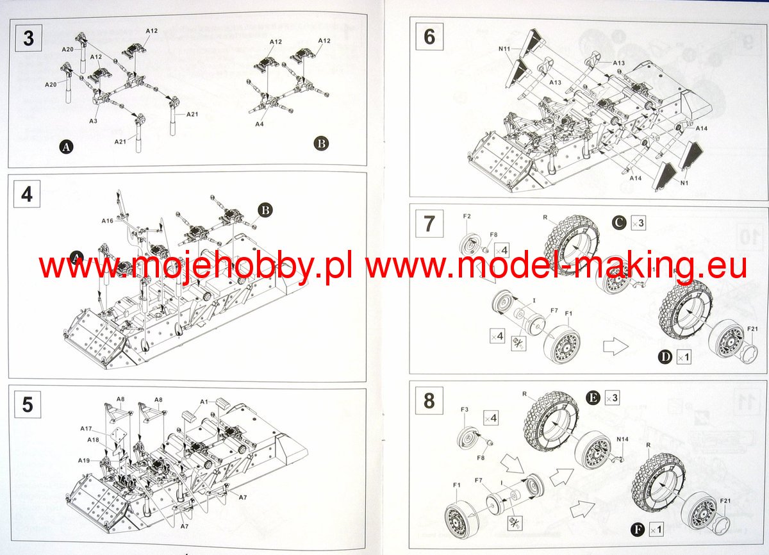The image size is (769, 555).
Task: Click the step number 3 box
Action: point(28,38)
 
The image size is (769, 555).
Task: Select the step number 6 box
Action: point(429,37)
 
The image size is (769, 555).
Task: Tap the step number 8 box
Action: point(429,401)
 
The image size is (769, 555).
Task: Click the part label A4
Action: point(259,124)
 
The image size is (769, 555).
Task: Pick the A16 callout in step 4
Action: point(107,220)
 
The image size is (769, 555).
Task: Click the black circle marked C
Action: point(618,223)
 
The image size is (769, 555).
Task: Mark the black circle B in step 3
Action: point(322,144)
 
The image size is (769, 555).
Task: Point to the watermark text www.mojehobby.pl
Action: point(195,266)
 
